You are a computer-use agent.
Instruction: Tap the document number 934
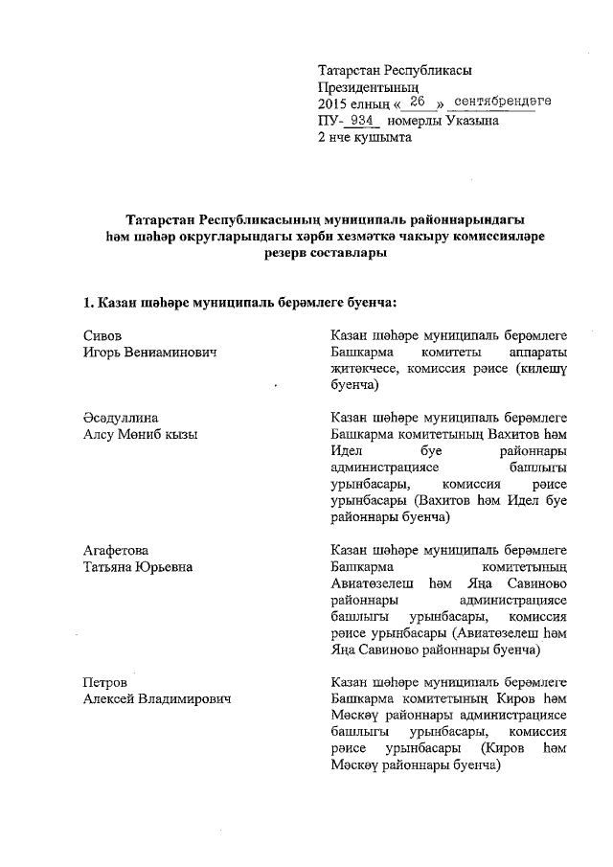click(362, 121)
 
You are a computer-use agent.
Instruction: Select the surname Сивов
click(101, 335)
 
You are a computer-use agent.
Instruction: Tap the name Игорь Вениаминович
click(148, 353)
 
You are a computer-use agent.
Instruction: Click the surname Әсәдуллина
click(120, 418)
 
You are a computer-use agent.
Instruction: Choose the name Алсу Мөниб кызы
click(140, 435)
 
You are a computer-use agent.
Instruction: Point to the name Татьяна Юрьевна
click(138, 567)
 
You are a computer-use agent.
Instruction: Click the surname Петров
click(104, 682)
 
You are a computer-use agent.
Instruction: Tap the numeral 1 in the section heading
click(86, 303)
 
